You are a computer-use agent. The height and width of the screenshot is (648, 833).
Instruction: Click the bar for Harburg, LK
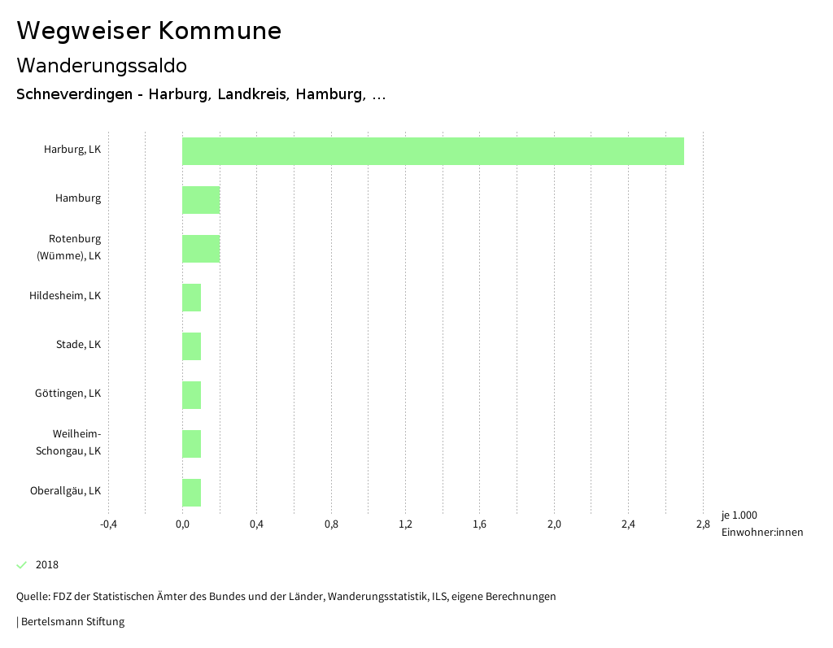coord(433,151)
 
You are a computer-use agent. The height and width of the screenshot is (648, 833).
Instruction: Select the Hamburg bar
coord(201,200)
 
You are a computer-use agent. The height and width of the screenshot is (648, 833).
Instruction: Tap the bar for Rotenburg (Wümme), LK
coord(201,249)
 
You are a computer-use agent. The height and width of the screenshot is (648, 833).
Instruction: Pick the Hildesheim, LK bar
coord(191,298)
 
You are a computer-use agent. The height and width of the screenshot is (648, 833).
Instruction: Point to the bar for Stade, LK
coord(191,346)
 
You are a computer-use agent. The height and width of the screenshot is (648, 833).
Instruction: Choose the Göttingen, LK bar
coord(191,395)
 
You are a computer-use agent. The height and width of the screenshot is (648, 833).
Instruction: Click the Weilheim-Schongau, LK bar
coord(191,444)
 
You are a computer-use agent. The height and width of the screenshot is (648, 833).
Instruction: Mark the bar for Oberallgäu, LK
coord(191,493)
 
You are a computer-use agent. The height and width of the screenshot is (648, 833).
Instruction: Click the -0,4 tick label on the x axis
coord(108,524)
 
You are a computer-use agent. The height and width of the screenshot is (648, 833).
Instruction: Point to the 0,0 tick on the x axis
coord(182,524)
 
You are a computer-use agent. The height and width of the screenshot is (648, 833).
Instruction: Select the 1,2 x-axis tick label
coord(405,524)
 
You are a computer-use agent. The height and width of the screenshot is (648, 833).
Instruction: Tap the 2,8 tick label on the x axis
coord(703,524)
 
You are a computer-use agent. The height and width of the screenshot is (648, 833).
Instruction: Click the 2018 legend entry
coord(46,564)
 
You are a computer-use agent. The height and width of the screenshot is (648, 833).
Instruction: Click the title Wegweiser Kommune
coord(149,31)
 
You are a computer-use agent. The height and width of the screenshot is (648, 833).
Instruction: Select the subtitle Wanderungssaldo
coord(102,65)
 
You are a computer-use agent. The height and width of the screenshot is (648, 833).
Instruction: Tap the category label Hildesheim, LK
coord(65,295)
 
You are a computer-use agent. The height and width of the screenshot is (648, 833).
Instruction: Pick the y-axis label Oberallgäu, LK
coord(65,490)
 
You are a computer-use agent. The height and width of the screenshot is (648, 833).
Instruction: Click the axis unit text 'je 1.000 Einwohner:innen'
coord(761,524)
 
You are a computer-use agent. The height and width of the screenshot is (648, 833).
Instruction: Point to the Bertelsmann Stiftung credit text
coord(72,622)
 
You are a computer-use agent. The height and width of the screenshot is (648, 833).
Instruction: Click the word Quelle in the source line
coord(32,597)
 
